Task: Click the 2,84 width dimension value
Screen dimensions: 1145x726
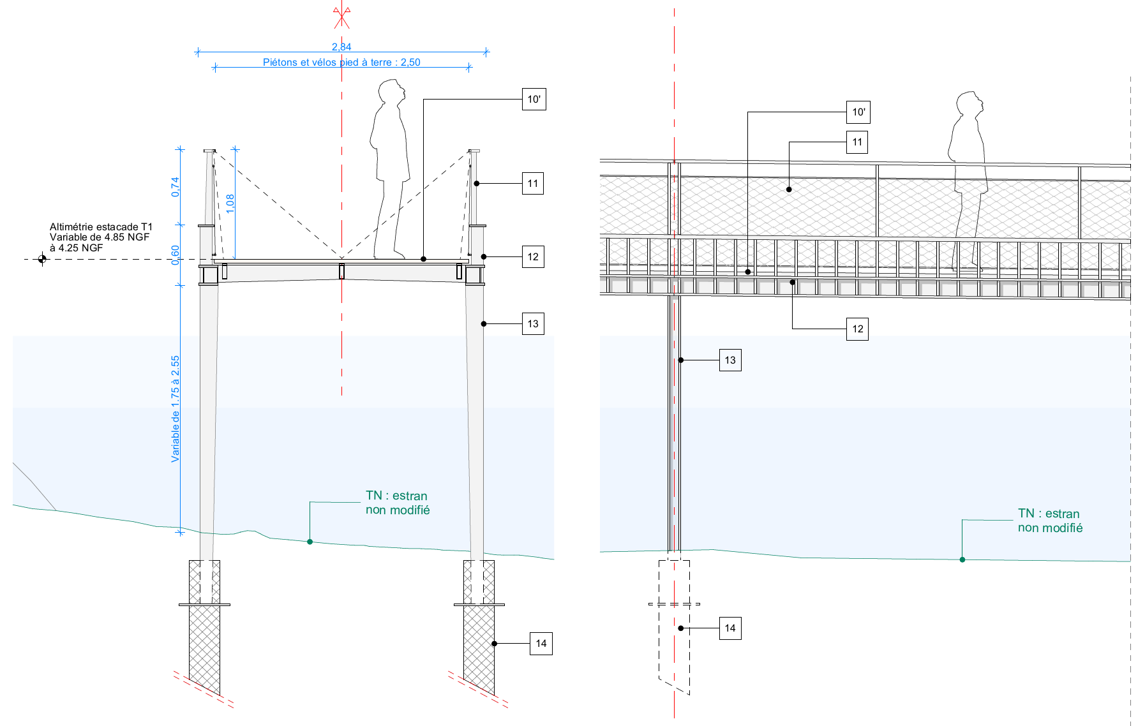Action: click(341, 47)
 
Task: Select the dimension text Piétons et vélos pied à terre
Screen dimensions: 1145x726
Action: click(341, 62)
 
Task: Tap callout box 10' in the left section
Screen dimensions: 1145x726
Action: click(534, 100)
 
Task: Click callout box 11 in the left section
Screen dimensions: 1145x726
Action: click(533, 184)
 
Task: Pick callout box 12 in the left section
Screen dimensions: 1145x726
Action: click(533, 257)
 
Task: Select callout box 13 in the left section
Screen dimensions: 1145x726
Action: click(533, 324)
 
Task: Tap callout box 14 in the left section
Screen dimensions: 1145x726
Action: click(541, 644)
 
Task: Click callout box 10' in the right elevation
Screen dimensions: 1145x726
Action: click(858, 112)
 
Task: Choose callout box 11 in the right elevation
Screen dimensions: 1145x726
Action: click(857, 142)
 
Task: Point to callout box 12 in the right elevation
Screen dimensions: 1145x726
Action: click(857, 329)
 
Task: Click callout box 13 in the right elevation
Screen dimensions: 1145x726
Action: click(730, 360)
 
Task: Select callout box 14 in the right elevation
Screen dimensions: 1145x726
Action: click(730, 628)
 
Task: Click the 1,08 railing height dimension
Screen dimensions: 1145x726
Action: click(230, 203)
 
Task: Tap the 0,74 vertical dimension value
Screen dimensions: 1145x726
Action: click(176, 186)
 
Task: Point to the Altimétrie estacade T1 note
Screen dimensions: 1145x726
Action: click(101, 237)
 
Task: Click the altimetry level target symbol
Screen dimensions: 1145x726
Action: click(42, 259)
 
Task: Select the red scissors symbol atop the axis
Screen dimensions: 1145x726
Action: click(341, 17)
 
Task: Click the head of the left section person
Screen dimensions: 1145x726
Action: click(391, 91)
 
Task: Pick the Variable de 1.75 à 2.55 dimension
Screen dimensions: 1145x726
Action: click(176, 408)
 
